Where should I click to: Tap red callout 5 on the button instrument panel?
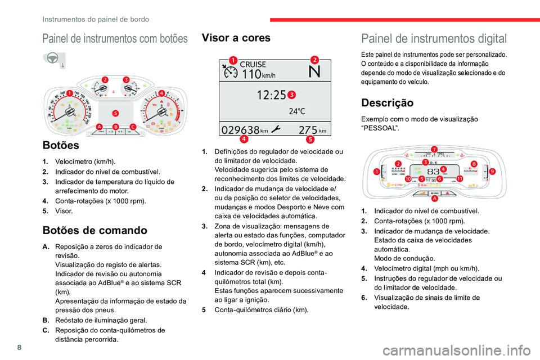[x=115, y=113]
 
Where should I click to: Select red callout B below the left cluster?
[x=115, y=127]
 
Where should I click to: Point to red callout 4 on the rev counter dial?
[x=161, y=93]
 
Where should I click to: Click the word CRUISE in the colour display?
[x=253, y=65]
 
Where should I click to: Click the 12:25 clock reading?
[x=271, y=95]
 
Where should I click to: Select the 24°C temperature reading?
[x=297, y=111]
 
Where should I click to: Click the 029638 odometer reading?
[x=241, y=129]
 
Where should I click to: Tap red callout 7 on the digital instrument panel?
[x=434, y=149]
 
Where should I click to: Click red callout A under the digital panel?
[x=434, y=199]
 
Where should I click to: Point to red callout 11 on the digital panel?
[x=460, y=178]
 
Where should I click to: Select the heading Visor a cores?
[x=236, y=38]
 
